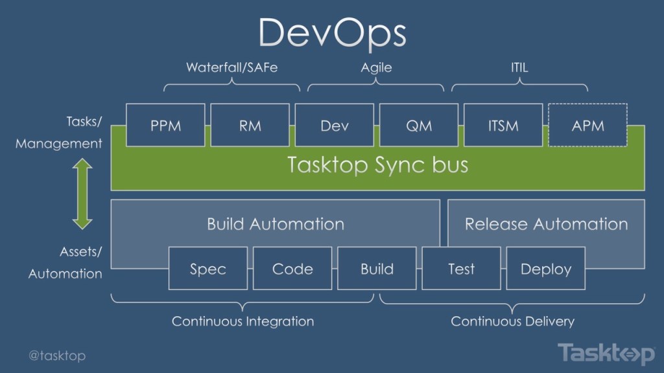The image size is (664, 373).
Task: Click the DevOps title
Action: point(332,32)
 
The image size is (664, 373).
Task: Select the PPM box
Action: point(165,125)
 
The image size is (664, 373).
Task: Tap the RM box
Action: point(250,125)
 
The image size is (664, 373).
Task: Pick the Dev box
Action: point(335,125)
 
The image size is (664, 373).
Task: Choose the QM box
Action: point(419,125)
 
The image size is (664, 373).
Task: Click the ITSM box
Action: point(503,125)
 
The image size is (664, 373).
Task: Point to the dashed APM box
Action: point(588,125)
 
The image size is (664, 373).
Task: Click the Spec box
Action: point(208,268)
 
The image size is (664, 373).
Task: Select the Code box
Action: point(292,268)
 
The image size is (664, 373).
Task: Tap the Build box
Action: point(377,268)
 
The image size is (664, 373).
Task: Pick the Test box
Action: point(461,268)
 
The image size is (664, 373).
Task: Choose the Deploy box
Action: point(546,268)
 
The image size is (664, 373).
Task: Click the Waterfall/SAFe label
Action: point(231,67)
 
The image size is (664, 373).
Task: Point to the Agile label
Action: point(376,67)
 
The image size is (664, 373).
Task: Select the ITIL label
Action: point(519,67)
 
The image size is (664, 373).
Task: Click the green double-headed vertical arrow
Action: point(82,194)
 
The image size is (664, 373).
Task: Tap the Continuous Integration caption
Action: point(243,321)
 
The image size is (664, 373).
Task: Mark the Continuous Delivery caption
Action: point(512,321)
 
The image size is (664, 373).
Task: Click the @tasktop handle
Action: point(57,356)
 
